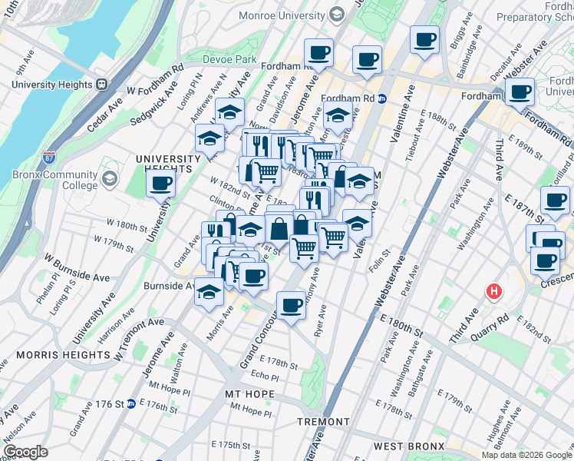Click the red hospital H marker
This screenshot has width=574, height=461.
(494, 292)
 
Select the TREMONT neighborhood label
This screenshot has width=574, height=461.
(324, 422)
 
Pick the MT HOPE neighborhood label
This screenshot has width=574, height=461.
(249, 394)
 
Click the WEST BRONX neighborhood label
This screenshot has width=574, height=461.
(410, 446)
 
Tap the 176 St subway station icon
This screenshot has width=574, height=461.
(130, 403)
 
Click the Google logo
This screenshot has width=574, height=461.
(25, 453)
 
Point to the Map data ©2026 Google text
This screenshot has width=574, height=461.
(526, 455)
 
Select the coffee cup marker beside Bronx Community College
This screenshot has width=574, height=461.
(161, 184)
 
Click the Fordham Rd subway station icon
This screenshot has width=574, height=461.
(381, 98)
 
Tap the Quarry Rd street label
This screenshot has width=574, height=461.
(492, 317)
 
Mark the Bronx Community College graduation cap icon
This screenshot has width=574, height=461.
(110, 179)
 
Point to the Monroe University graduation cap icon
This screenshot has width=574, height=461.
(336, 14)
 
